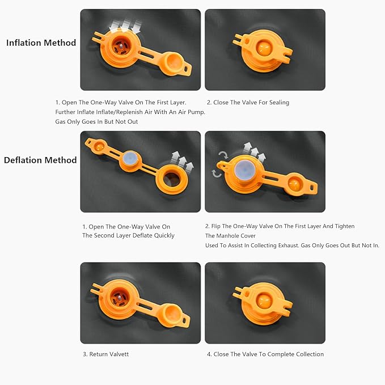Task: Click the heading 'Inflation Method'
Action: [41, 43]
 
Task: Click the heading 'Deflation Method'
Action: [40, 160]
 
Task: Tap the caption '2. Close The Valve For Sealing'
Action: [248, 103]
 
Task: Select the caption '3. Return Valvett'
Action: [105, 354]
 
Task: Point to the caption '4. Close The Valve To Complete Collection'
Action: [265, 354]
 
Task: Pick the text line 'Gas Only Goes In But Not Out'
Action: [96, 121]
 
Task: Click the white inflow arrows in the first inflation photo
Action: [125, 26]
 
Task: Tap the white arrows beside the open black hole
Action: [182, 161]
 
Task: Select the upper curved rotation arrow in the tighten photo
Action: [223, 155]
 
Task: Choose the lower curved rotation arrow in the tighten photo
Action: [217, 174]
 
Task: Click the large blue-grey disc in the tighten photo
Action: [244, 170]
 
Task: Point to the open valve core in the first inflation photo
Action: [120, 46]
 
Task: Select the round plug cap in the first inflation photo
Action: [174, 62]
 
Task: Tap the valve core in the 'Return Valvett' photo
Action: [119, 298]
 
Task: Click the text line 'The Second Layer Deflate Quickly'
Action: [128, 235]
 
